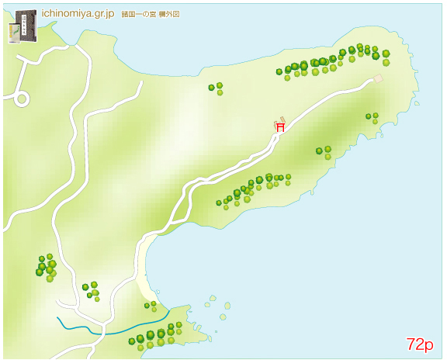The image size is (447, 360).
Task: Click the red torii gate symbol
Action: point(280,126)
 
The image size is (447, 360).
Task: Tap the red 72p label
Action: point(419,344)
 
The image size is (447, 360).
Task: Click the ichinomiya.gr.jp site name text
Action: point(78,14)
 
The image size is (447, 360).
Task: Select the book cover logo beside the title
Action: point(23,27)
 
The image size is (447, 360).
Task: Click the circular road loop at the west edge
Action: point(21,99)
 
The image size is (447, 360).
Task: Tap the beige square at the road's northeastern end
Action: point(379,78)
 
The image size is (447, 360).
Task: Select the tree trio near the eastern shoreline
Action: point(372,117)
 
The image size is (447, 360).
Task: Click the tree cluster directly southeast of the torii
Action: point(324,151)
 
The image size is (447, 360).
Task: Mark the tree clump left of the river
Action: point(46,266)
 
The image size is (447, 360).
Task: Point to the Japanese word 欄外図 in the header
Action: point(170,15)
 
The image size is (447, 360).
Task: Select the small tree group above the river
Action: point(92,290)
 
